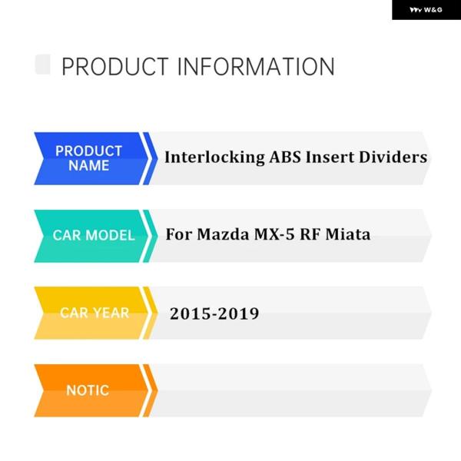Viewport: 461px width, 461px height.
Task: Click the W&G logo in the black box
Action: [426, 10]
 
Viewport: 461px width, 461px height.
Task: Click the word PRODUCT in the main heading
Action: [115, 67]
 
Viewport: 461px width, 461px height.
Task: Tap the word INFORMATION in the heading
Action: [256, 67]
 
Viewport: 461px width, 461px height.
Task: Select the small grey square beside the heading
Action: [42, 64]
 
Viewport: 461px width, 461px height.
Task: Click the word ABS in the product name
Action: [285, 157]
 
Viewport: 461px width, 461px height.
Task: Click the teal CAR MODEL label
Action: [94, 236]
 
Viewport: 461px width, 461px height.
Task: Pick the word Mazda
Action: [223, 234]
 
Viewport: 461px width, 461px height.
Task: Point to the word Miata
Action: [348, 234]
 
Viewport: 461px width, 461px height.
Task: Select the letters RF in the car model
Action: [310, 234]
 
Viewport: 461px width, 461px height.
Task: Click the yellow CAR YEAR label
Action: [94, 313]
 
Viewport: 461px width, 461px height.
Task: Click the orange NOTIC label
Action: [88, 390]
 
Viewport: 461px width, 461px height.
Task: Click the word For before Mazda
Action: [179, 234]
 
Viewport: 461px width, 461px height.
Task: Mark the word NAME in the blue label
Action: [89, 165]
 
